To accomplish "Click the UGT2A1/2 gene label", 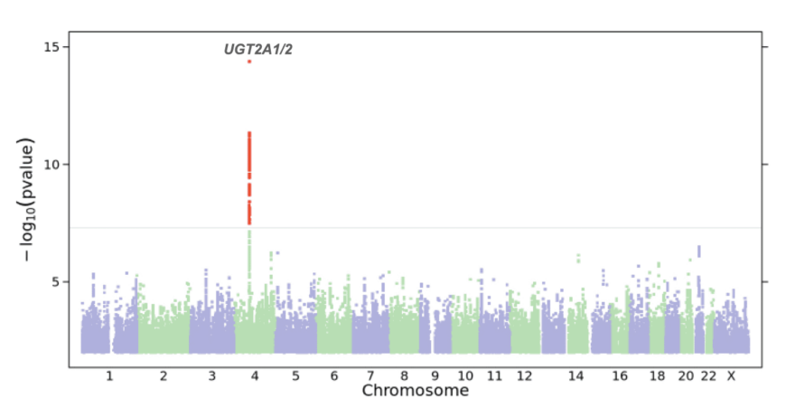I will pos(258,50).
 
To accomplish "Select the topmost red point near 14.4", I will pos(249,62).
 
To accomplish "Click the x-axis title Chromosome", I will pos(416,391).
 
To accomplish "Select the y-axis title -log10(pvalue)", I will pos(29,201).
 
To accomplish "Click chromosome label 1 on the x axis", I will pos(109,375).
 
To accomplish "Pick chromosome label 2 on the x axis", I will pos(164,375).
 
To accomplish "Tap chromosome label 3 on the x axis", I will pos(212,375).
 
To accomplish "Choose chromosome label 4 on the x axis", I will pos(255,375).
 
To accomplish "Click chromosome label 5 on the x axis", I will pos(295,375).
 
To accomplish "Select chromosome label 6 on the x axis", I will pos(334,375).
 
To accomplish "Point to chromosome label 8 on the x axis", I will pos(404,375).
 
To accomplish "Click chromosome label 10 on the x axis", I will pos(464,375).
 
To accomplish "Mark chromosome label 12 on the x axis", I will pos(524,375).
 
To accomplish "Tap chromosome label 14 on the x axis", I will pos(576,375).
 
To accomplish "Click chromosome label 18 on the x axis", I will pos(657,375).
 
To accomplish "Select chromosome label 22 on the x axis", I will pos(708,375).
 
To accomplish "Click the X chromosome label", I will pos(732,375).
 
